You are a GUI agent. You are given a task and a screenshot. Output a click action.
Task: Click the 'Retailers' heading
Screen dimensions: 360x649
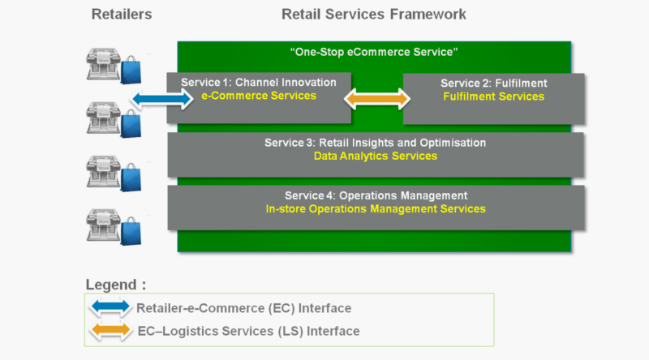tap(121, 15)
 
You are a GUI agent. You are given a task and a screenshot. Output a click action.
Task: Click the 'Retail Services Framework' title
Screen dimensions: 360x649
tap(374, 15)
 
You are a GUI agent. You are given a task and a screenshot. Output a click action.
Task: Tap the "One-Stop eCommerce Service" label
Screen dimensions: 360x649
tap(374, 52)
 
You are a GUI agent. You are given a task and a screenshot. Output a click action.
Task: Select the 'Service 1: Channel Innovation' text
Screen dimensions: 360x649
tap(259, 83)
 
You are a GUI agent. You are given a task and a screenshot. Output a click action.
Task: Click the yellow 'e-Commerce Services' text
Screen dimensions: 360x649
tap(259, 96)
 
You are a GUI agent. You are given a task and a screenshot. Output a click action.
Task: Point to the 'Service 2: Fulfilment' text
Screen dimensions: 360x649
tap(493, 83)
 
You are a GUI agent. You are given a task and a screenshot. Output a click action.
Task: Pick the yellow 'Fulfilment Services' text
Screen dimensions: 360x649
tap(493, 96)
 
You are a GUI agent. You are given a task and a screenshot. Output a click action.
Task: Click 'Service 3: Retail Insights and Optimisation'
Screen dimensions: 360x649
tap(375, 143)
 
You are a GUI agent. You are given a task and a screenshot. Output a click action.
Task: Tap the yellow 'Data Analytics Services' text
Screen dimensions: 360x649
tap(375, 156)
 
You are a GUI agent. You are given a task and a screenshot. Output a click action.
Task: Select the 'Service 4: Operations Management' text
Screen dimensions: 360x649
tap(376, 195)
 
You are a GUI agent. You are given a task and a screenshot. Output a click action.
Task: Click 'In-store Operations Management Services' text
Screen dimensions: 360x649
tap(376, 209)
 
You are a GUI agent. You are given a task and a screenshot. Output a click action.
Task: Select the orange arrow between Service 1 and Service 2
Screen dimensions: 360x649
tap(377, 99)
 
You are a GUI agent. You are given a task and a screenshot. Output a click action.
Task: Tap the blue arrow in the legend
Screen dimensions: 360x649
tap(110, 308)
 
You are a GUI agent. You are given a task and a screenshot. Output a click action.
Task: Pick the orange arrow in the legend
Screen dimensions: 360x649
tap(110, 331)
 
